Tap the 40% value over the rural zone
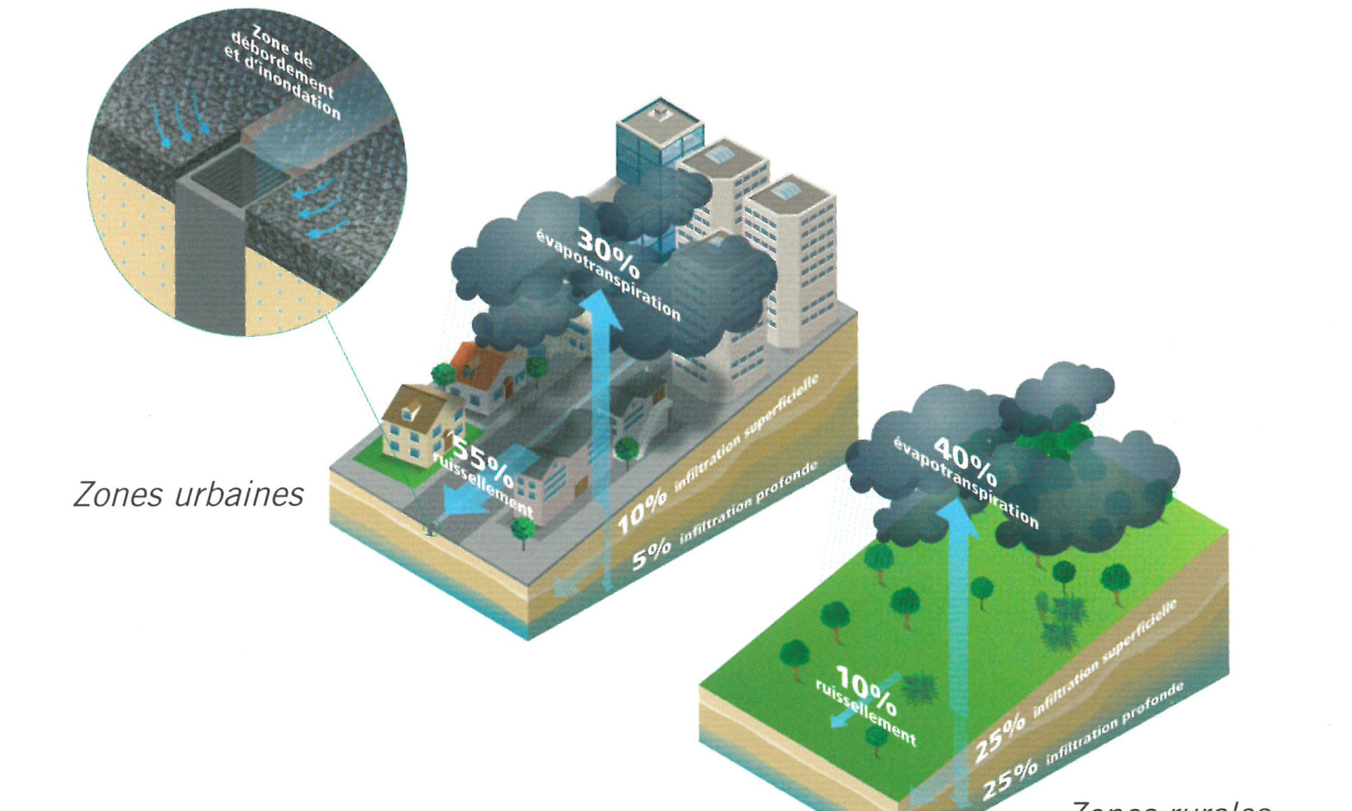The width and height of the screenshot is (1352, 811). click(965, 461)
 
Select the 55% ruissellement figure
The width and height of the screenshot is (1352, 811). click(482, 460)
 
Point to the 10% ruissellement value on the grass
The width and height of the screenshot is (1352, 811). click(867, 691)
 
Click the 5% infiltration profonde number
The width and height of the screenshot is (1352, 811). click(651, 554)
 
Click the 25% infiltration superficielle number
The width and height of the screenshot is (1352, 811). click(999, 737)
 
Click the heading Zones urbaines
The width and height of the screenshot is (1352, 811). click(189, 495)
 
